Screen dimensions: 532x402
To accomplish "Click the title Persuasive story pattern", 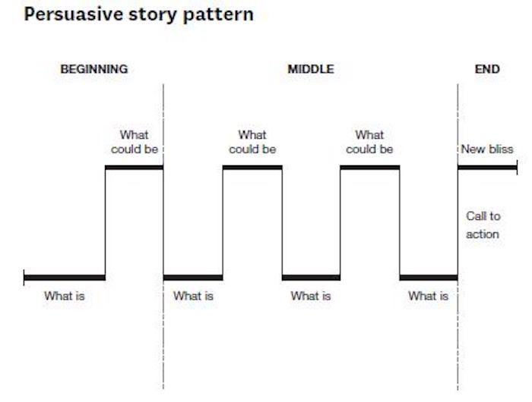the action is point(139,15).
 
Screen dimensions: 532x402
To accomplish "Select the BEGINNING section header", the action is point(94,69).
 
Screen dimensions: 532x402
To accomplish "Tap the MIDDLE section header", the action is point(311,69).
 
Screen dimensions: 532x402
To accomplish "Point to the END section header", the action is point(487,69).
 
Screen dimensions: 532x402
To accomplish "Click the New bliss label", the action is point(487,149).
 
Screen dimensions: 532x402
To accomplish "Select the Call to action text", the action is point(483,225).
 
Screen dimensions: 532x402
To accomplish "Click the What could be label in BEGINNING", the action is point(135,142).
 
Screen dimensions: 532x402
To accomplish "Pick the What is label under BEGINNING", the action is point(65,296).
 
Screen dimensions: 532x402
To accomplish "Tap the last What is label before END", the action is point(428,296).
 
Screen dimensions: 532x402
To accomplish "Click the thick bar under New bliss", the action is point(486,167).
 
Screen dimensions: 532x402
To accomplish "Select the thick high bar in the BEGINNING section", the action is point(134,167).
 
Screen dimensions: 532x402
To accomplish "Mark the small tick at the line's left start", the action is point(24,277).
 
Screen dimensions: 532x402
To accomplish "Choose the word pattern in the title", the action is point(222,15).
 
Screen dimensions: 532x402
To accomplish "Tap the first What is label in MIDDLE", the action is point(193,296).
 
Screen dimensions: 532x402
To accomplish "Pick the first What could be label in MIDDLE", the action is point(252,142).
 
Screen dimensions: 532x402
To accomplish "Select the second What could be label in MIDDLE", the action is point(369,142).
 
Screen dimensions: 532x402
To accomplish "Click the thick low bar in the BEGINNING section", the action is point(65,277).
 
